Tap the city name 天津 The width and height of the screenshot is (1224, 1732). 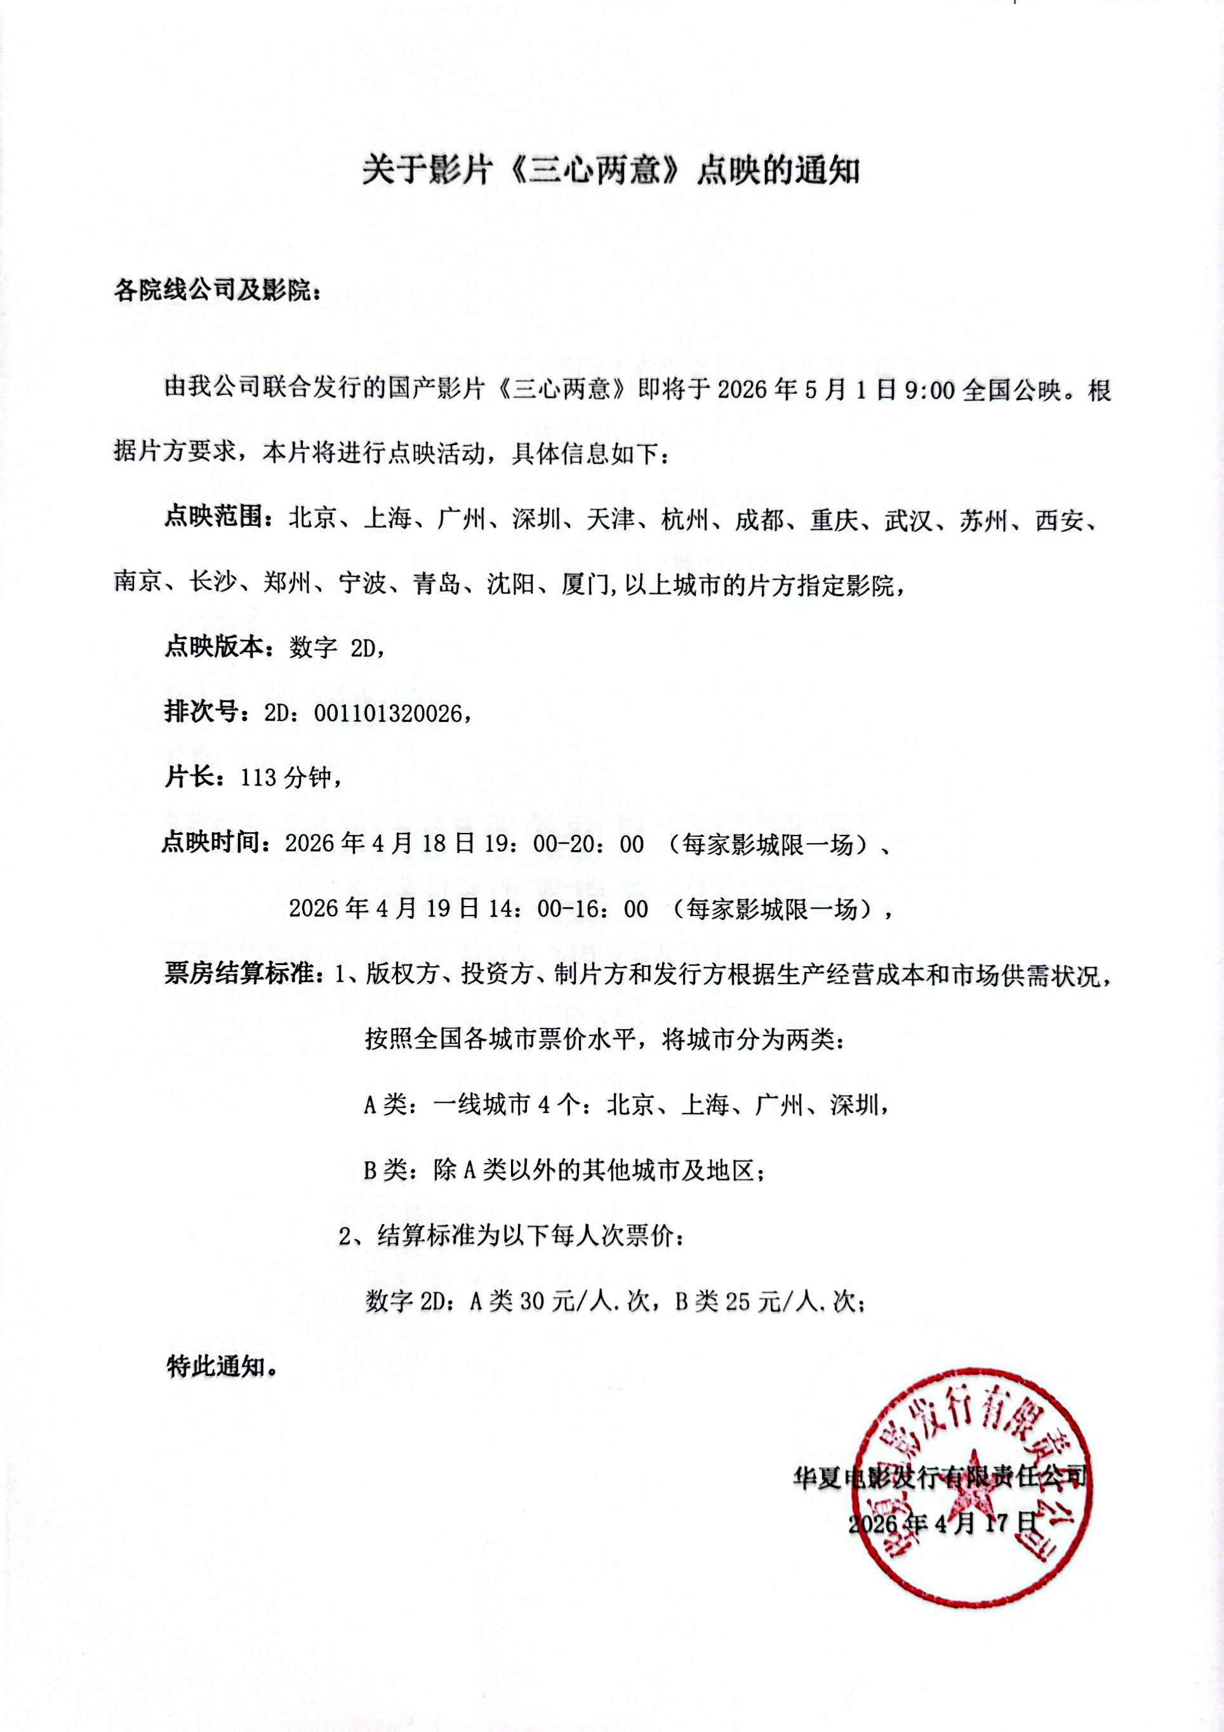[x=610, y=521]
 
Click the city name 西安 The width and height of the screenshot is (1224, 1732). [x=1059, y=521]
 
